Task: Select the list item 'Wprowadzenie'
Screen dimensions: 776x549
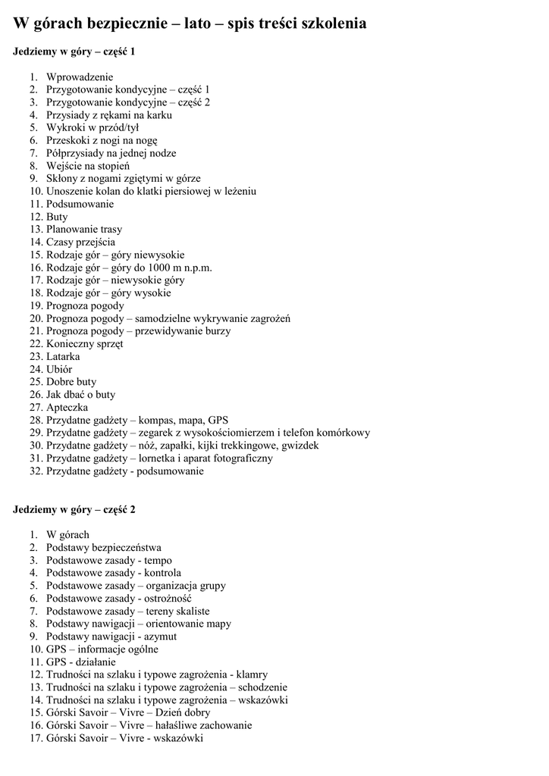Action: pyautogui.click(x=79, y=77)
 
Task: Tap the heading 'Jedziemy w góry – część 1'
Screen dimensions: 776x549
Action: pyautogui.click(x=74, y=52)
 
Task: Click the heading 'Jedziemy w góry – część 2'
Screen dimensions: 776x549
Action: pyautogui.click(x=74, y=509)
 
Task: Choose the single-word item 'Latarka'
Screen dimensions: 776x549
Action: pyautogui.click(x=63, y=356)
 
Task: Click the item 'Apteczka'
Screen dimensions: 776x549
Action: pyautogui.click(x=67, y=407)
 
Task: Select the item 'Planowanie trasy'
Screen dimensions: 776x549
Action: pyautogui.click(x=84, y=229)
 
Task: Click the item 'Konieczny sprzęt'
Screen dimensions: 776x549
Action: pyautogui.click(x=85, y=343)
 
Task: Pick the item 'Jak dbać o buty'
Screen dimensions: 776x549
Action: pyautogui.click(x=81, y=394)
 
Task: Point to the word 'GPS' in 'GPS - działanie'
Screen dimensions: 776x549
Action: pyautogui.click(x=56, y=662)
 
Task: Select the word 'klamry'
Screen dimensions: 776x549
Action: pyautogui.click(x=252, y=674)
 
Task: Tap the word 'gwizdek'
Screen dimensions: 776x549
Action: pyautogui.click(x=301, y=446)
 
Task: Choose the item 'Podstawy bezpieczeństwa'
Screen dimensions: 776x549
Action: pyautogui.click(x=103, y=547)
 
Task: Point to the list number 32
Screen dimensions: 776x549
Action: pyautogui.click(x=36, y=471)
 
